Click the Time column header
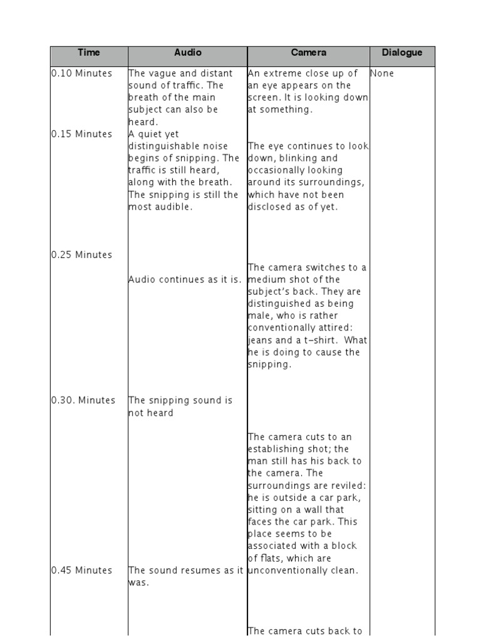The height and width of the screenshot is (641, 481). (x=88, y=53)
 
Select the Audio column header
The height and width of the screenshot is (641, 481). (x=188, y=53)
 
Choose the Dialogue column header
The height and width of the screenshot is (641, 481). (x=402, y=53)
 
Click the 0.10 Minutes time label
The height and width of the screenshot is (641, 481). (x=82, y=73)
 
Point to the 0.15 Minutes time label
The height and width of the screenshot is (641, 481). (x=82, y=134)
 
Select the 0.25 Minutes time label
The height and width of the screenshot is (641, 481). (x=82, y=255)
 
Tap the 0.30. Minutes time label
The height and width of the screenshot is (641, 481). (x=83, y=401)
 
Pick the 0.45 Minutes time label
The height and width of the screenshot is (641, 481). (x=82, y=570)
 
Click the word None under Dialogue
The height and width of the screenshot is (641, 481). (x=383, y=73)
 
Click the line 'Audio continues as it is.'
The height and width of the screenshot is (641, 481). (x=185, y=280)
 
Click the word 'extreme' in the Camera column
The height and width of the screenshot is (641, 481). (x=280, y=73)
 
